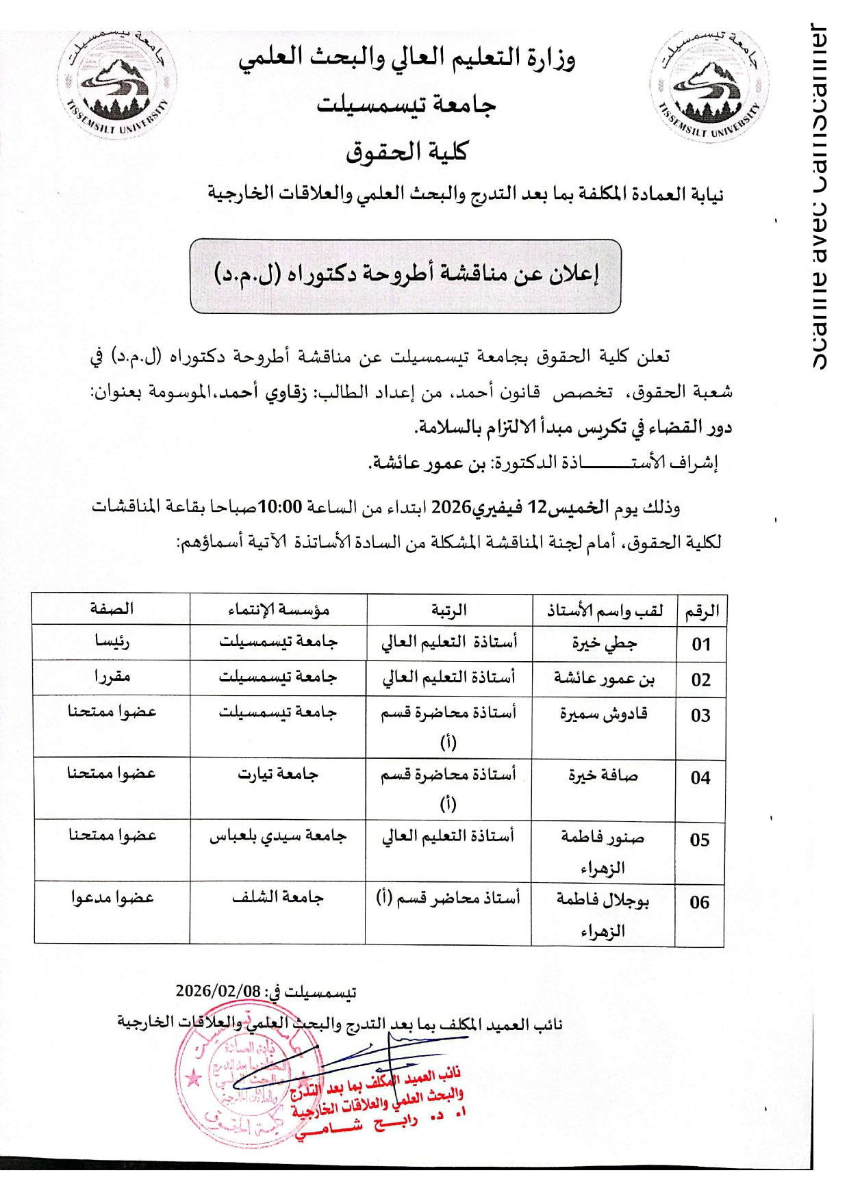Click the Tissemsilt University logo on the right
pyautogui.click(x=709, y=86)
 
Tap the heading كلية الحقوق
pyautogui.click(x=406, y=151)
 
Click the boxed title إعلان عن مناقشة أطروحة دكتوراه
pyautogui.click(x=406, y=275)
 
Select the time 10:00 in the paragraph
pyautogui.click(x=280, y=507)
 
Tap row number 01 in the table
pyautogui.click(x=700, y=644)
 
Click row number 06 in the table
pyautogui.click(x=699, y=902)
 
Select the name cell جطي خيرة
pyautogui.click(x=604, y=643)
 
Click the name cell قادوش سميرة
pyautogui.click(x=603, y=714)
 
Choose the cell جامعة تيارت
pyautogui.click(x=277, y=775)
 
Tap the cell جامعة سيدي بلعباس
pyautogui.click(x=277, y=836)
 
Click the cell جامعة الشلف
pyautogui.click(x=277, y=898)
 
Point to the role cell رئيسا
pyautogui.click(x=112, y=641)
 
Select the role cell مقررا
pyautogui.click(x=112, y=677)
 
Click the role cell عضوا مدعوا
pyautogui.click(x=112, y=898)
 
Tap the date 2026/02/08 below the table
pyautogui.click(x=218, y=991)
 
